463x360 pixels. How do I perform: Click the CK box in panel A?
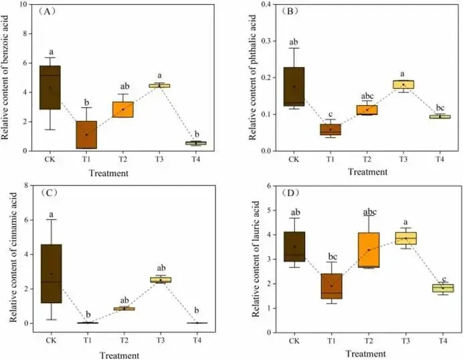click(51, 87)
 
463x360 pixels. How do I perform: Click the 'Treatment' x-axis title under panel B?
click(366, 172)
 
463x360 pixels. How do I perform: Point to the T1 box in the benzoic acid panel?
click(87, 134)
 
